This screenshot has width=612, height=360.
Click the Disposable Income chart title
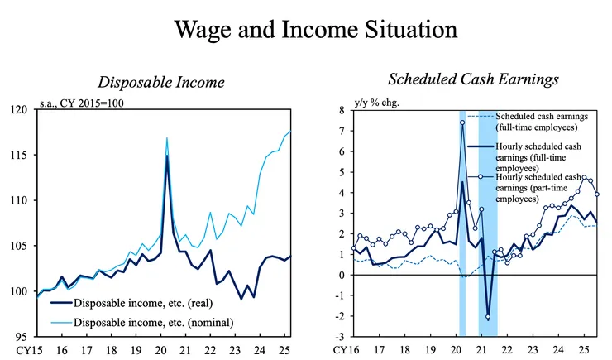(160, 82)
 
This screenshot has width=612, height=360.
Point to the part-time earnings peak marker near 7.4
(463, 122)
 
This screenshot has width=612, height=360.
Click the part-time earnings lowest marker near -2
(488, 317)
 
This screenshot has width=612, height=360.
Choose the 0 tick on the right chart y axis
(342, 275)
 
